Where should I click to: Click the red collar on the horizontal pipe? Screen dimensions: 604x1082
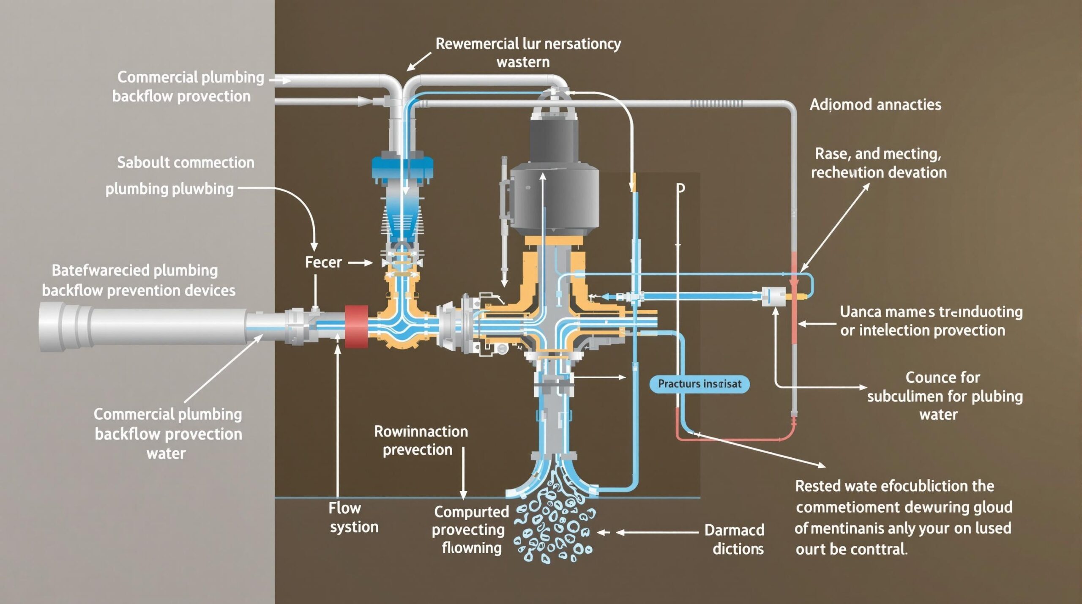[x=356, y=327]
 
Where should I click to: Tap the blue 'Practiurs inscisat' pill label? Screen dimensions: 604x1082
[x=699, y=384]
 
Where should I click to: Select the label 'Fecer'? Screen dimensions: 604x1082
[x=323, y=262]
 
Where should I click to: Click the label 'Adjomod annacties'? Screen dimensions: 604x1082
[x=875, y=104]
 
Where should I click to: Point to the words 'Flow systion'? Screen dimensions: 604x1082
[x=354, y=517]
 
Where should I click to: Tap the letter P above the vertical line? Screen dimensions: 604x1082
[x=680, y=188]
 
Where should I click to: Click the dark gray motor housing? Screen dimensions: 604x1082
[x=554, y=186]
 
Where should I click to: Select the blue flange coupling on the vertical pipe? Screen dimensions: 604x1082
[x=402, y=167]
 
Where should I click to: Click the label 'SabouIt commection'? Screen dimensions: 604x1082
[x=186, y=163]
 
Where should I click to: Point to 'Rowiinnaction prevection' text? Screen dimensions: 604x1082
[x=421, y=440]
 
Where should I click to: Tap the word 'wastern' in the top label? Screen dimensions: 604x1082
[x=523, y=63]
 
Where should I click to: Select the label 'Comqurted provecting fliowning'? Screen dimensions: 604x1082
[x=470, y=530]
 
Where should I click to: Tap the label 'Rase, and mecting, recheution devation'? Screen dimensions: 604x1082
[x=878, y=163]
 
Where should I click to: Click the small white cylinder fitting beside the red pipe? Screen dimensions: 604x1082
[x=773, y=296]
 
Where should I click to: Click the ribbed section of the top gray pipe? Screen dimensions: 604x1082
[x=716, y=104]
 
